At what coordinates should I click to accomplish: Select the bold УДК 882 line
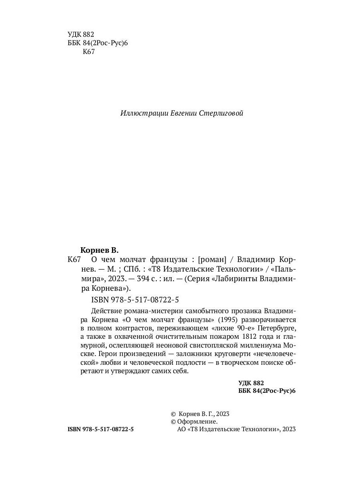click(x=251, y=383)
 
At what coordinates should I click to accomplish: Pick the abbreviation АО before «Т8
click(x=181, y=429)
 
